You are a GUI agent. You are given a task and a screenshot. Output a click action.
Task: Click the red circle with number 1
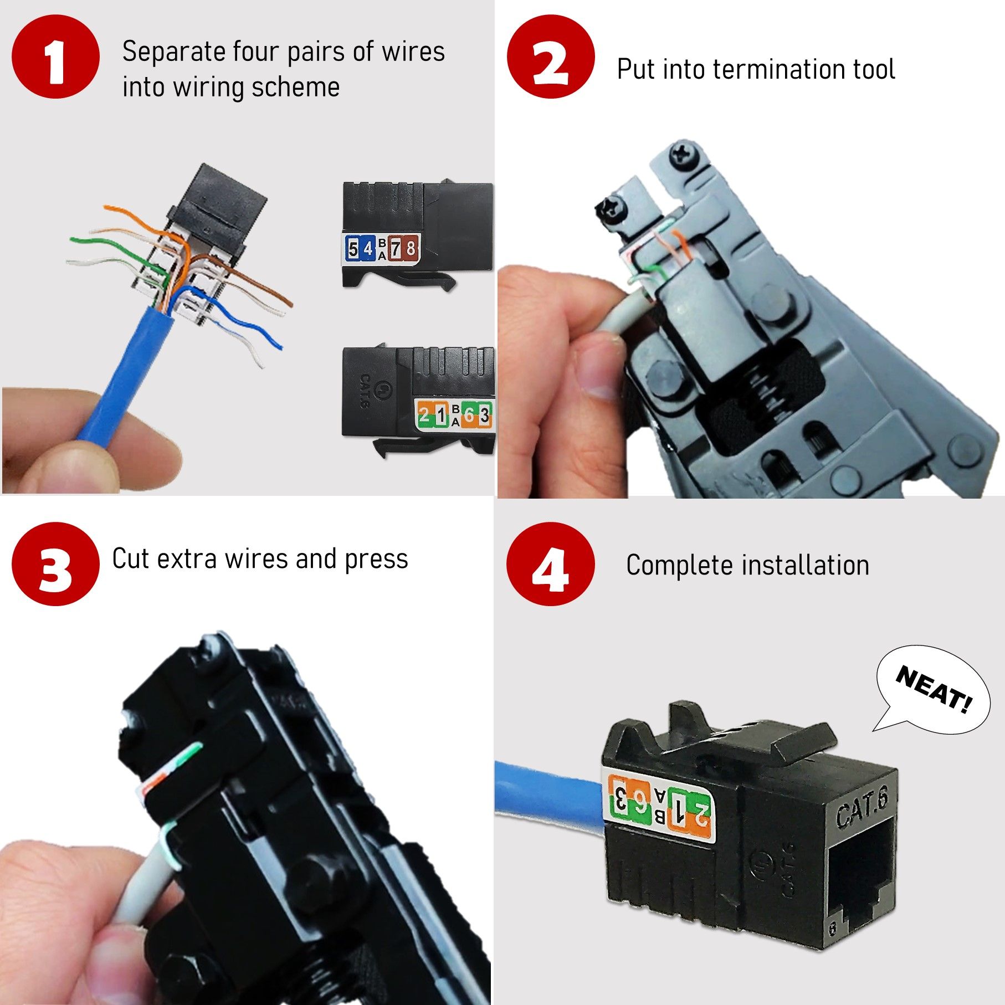click(55, 57)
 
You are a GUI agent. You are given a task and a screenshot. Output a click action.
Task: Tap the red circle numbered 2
click(551, 57)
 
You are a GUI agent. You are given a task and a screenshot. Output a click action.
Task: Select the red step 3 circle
click(55, 564)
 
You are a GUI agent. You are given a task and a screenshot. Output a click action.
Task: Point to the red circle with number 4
click(551, 564)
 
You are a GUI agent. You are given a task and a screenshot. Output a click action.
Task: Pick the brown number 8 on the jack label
click(411, 249)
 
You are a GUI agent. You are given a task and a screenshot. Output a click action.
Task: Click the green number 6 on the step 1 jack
click(469, 414)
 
